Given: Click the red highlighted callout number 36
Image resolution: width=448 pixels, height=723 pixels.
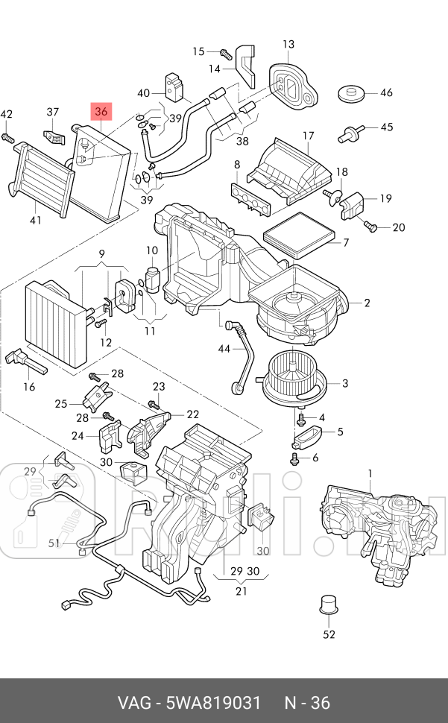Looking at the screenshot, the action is pyautogui.click(x=101, y=111).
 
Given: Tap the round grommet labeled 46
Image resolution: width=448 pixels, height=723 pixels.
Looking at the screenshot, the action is pyautogui.click(x=351, y=94).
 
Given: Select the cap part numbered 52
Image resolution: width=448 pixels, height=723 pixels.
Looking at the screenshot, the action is pyautogui.click(x=329, y=605).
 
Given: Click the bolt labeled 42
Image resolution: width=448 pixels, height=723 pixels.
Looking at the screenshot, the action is pyautogui.click(x=7, y=137).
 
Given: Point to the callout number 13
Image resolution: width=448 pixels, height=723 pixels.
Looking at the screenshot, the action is pyautogui.click(x=288, y=44).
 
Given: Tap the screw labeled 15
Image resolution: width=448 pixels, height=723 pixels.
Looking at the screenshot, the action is pyautogui.click(x=225, y=53).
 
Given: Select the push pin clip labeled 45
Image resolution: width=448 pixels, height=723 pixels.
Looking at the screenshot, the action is pyautogui.click(x=350, y=133).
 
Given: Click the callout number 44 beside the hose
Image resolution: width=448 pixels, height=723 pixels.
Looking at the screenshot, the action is pyautogui.click(x=224, y=349).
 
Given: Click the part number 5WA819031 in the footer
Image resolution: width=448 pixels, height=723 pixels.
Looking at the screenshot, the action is pyautogui.click(x=213, y=703).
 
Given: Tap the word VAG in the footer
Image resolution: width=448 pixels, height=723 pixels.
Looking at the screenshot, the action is pyautogui.click(x=134, y=703).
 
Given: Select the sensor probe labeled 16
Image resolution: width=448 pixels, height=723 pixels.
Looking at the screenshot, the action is pyautogui.click(x=25, y=361).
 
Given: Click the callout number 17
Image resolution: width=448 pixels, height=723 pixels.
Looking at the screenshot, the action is pyautogui.click(x=309, y=136).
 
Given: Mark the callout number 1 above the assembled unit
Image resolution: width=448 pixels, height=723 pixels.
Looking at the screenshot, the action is pyautogui.click(x=370, y=473).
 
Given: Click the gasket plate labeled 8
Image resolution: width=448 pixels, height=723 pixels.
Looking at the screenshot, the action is pyautogui.click(x=250, y=198).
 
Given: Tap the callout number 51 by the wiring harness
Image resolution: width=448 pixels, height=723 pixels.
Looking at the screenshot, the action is pyautogui.click(x=54, y=543).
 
